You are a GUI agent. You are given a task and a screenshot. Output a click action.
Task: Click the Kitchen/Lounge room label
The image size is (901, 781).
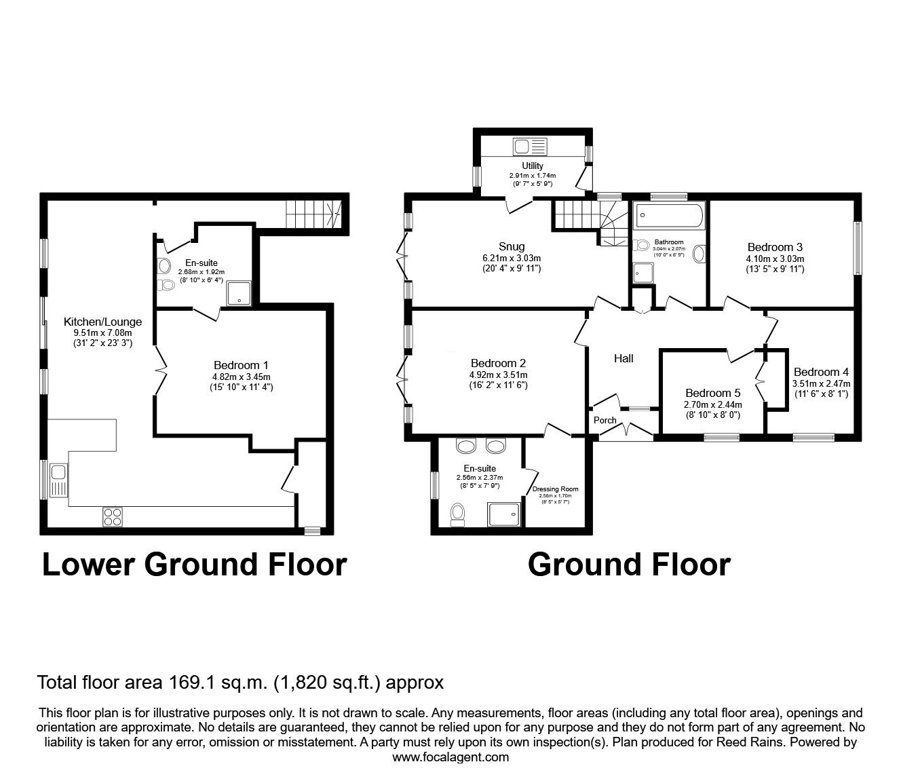point(102,322)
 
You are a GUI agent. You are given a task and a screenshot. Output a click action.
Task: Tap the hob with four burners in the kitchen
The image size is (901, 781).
point(113,516)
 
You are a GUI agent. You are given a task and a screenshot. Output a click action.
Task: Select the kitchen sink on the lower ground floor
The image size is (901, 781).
point(58,480)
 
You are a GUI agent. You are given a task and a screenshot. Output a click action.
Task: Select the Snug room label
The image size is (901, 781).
point(511,246)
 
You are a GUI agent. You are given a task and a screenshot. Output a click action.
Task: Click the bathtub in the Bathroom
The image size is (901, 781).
point(669,218)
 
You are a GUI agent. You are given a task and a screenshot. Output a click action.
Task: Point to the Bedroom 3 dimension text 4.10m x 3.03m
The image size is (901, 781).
point(775,259)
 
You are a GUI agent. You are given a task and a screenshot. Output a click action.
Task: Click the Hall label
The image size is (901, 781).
point(624,358)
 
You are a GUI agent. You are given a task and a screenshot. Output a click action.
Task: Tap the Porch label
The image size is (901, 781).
point(605,420)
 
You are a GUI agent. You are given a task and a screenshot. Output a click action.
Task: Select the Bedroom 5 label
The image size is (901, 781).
point(712,393)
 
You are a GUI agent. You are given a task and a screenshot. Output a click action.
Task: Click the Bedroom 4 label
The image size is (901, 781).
point(820,372)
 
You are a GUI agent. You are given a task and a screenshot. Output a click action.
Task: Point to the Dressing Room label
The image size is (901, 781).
point(555,489)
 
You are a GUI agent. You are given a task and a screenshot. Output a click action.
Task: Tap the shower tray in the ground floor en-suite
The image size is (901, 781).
point(503,514)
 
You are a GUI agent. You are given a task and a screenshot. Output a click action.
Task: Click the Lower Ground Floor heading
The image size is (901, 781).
point(194,565)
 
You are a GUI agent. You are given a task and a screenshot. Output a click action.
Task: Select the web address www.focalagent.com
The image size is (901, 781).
point(450,757)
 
